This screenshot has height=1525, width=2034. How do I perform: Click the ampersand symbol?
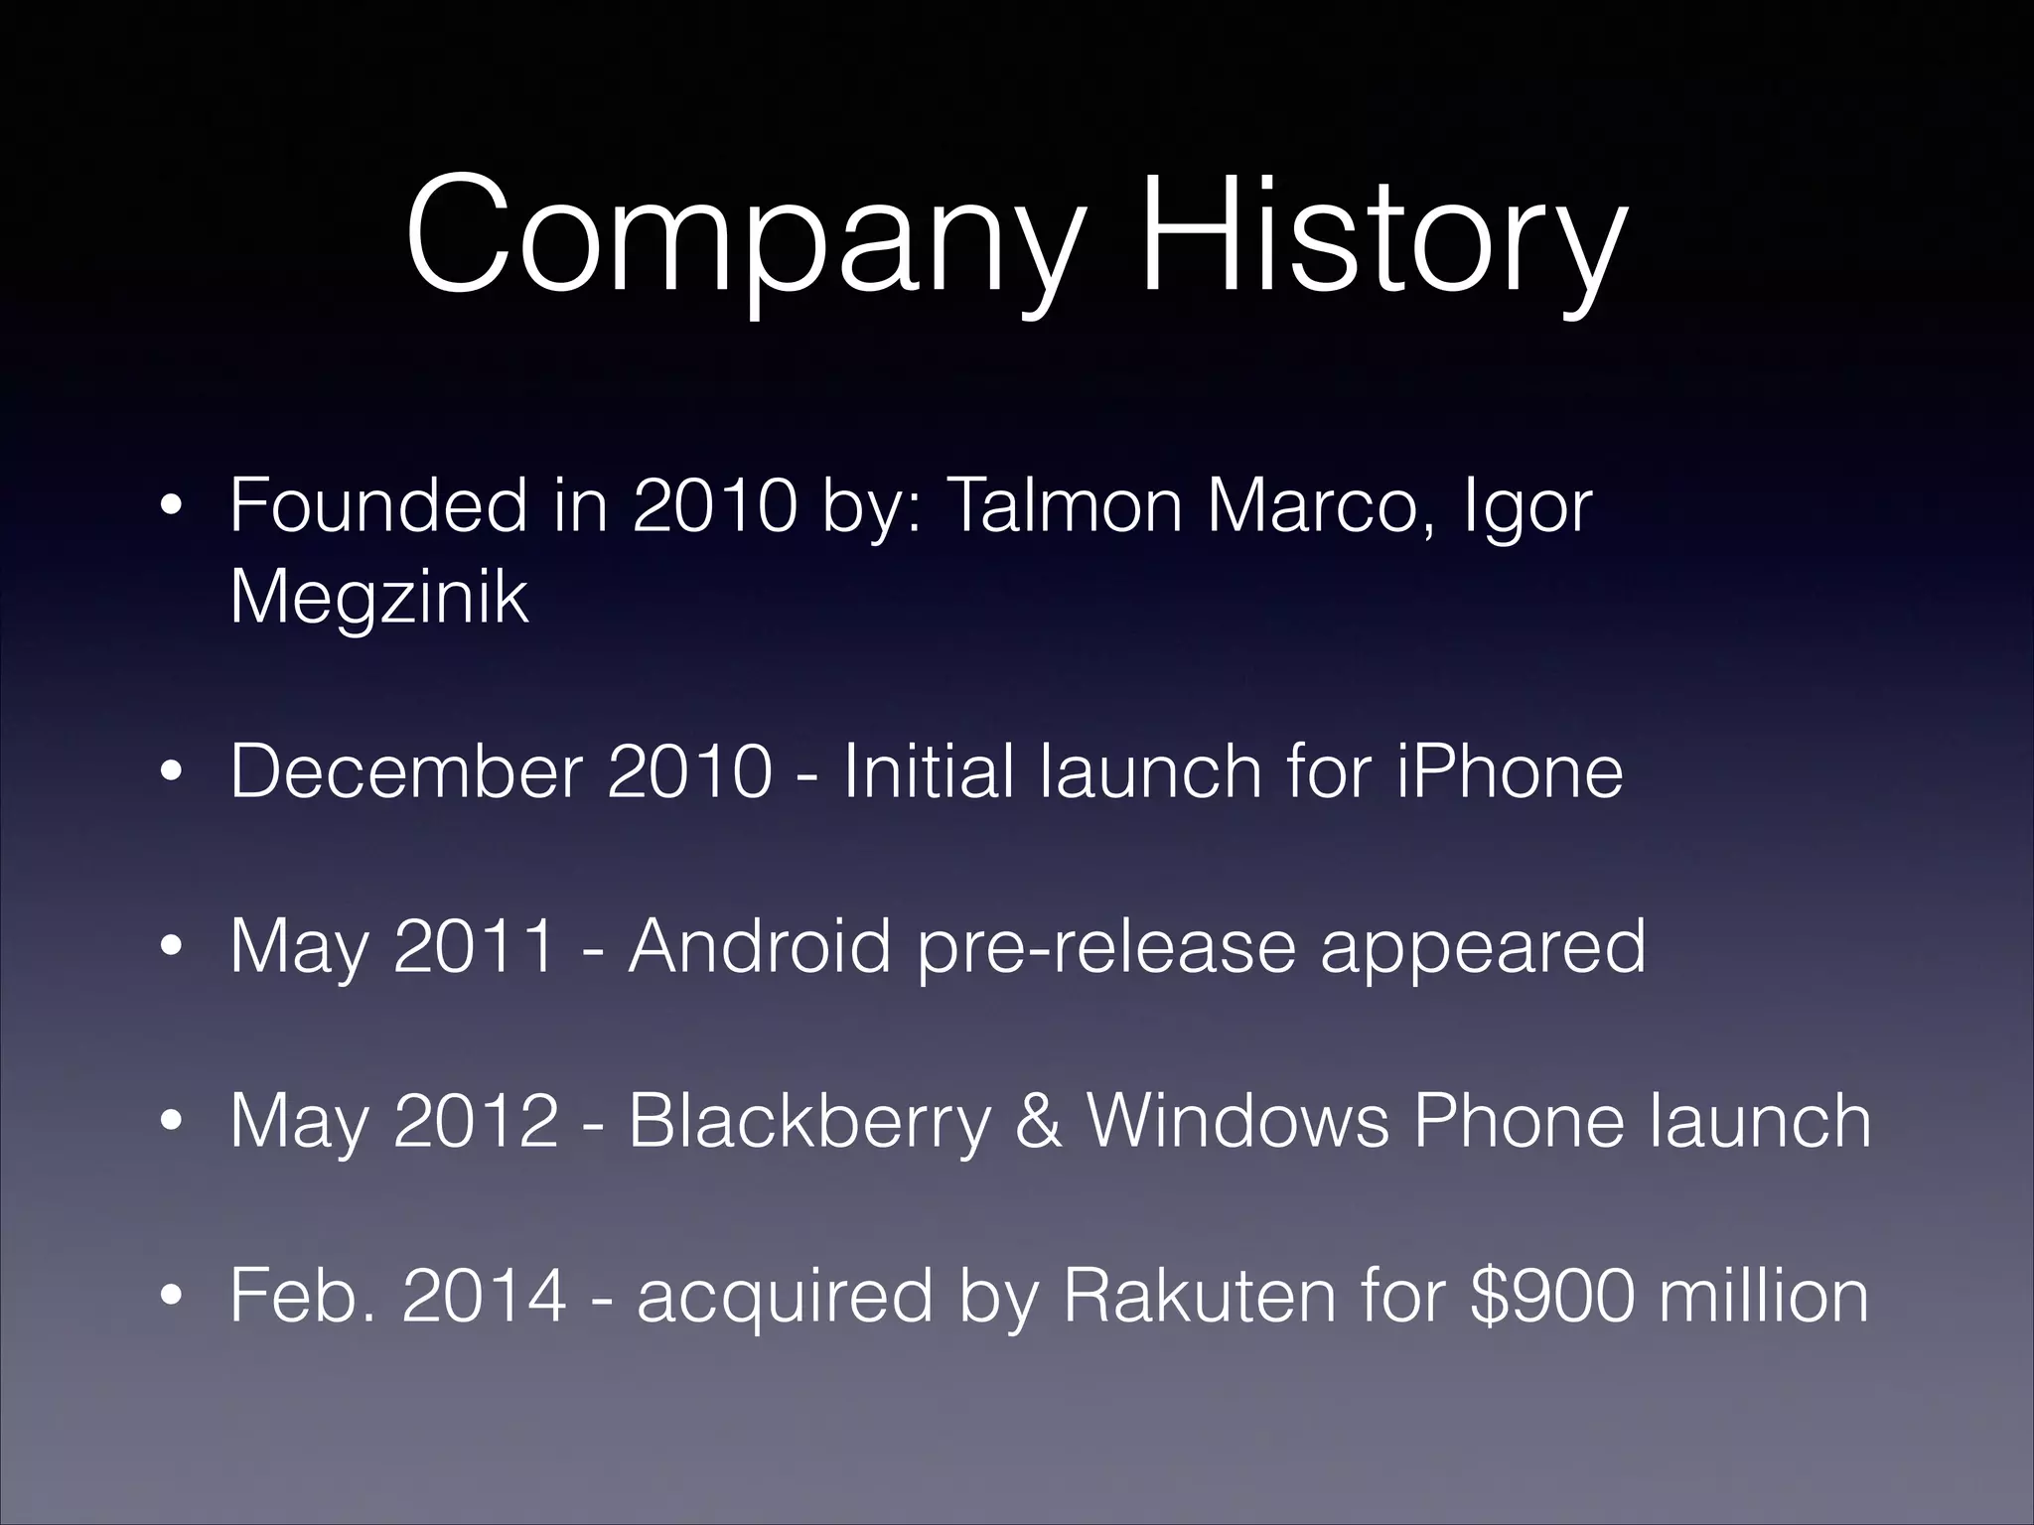click(1039, 1120)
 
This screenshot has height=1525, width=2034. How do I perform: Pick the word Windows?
click(1237, 1120)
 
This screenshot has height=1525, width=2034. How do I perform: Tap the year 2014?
click(485, 1295)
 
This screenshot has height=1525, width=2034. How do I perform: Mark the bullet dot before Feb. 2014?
click(172, 1297)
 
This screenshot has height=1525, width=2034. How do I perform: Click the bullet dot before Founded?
click(172, 507)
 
